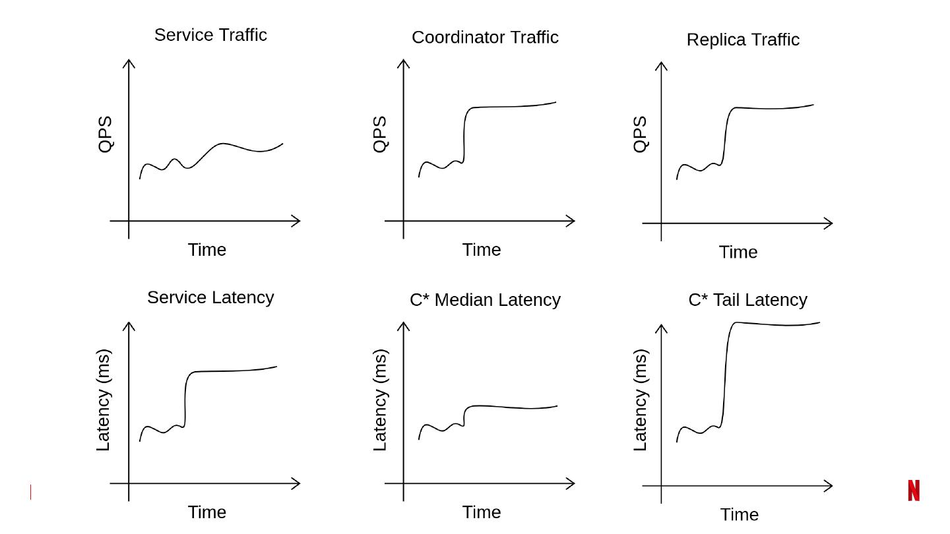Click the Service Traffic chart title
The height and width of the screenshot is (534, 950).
(x=210, y=35)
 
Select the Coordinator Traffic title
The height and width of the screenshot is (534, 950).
(x=485, y=38)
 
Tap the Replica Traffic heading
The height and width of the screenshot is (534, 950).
(x=743, y=40)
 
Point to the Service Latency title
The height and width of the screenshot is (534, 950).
(x=210, y=297)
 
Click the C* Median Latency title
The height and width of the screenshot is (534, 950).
(x=485, y=300)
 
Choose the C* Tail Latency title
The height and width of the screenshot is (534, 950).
(x=747, y=300)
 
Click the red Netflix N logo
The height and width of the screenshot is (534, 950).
(x=914, y=490)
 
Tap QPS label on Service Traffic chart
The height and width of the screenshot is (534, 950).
(x=105, y=134)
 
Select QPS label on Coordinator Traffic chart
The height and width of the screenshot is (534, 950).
(x=380, y=134)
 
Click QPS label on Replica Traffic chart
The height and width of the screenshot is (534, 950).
(x=640, y=134)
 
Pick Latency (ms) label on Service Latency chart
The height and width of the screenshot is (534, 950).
(x=104, y=400)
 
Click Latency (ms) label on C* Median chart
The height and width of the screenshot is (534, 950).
(x=380, y=400)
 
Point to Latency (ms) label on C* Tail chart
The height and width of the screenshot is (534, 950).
(x=640, y=400)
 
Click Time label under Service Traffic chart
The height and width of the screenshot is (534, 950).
(x=207, y=250)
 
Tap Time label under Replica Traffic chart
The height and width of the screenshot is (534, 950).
(x=738, y=252)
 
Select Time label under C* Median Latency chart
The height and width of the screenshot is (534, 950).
(x=482, y=512)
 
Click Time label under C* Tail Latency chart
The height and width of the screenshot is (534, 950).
(x=740, y=515)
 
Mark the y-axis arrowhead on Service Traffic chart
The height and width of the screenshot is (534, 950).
(x=129, y=63)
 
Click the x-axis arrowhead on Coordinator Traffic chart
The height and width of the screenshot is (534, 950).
(x=571, y=221)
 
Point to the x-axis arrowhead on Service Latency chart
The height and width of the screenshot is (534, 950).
(x=296, y=483)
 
